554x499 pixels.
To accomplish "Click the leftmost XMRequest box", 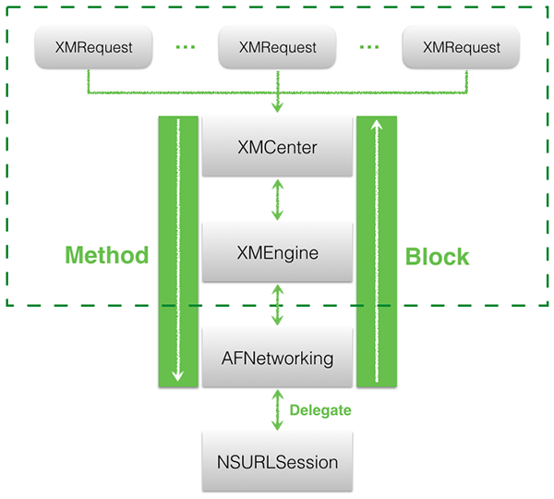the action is pyautogui.click(x=93, y=47).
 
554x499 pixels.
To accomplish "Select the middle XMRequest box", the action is pyautogui.click(x=277, y=47).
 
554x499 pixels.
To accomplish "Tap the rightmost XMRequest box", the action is pyautogui.click(x=461, y=47).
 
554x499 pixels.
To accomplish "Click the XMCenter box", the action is pyautogui.click(x=277, y=146).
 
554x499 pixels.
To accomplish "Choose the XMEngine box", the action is pyautogui.click(x=277, y=252).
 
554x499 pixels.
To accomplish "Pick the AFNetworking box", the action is pyautogui.click(x=277, y=358).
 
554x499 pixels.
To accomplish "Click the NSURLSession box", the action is pyautogui.click(x=277, y=461).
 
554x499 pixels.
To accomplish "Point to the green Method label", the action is pyautogui.click(x=107, y=255).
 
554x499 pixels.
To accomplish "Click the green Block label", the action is pyautogui.click(x=437, y=256).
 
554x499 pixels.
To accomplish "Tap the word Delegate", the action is pyautogui.click(x=320, y=410).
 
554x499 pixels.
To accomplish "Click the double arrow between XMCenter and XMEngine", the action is pyautogui.click(x=277, y=200).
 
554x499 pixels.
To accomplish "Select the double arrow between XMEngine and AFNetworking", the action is pyautogui.click(x=277, y=305).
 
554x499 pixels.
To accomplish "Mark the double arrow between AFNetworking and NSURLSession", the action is pyautogui.click(x=277, y=410).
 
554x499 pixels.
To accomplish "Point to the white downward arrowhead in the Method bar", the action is pyautogui.click(x=177, y=375).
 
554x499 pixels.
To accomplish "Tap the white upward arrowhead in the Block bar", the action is pyautogui.click(x=377, y=125).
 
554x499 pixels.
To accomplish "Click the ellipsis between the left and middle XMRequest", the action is pyautogui.click(x=186, y=47).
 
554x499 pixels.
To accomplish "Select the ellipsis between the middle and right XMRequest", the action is pyautogui.click(x=369, y=47).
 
